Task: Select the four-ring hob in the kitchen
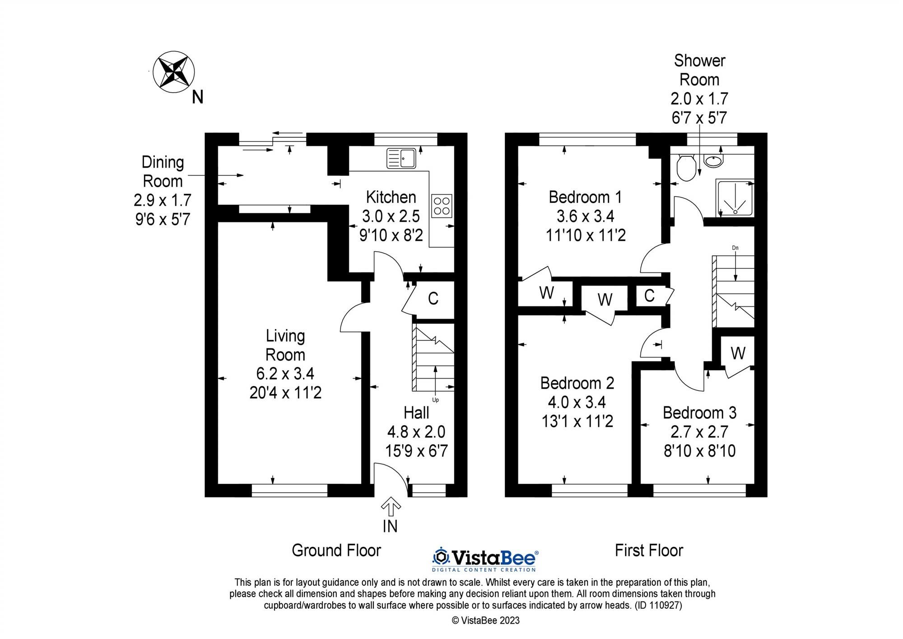coord(442,206)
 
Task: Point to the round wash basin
coord(713,161)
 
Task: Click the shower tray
coord(735,198)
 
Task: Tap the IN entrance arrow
coord(391,507)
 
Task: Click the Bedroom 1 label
coord(585,197)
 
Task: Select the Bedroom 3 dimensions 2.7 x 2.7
coord(699,432)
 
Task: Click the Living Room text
coord(285,345)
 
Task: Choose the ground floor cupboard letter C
coord(433,299)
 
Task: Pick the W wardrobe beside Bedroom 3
coord(738,353)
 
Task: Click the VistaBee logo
coord(485,559)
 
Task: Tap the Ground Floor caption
coord(336,550)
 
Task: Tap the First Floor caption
coord(649,550)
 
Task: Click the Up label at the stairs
coord(436,400)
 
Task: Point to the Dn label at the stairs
coord(735,248)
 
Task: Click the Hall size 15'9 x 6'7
coord(416,451)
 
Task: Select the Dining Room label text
coord(163,172)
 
